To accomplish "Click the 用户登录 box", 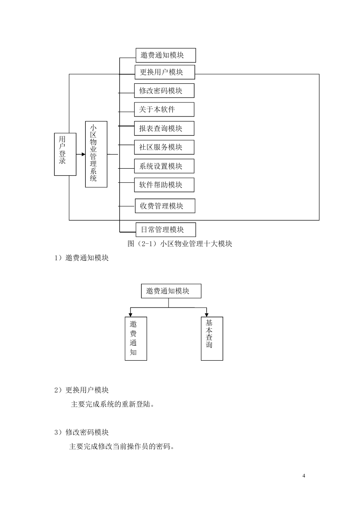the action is point(65,154).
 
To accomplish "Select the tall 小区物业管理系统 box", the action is point(96,154).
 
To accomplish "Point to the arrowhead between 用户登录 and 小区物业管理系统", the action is point(84,155).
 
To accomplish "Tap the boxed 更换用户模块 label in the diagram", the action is point(165,72).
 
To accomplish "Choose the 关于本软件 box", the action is point(164,109).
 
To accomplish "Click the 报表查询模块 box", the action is point(164,128).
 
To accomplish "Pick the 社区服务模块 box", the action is point(164,147).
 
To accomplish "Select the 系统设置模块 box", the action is point(164,166).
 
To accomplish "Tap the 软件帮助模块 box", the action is point(164,185).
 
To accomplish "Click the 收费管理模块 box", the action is point(165,206).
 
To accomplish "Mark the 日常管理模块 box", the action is point(166,230).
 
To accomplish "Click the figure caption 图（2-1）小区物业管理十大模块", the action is point(180,244).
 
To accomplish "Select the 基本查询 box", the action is point(212,339).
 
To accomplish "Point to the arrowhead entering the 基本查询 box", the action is point(206,315).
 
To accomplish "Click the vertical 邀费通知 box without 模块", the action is point(136,339).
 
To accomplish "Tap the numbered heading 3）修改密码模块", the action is point(82,432).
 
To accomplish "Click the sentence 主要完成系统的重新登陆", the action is point(113,404).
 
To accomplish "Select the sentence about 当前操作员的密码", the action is point(122,446).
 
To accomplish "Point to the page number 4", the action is point(304,476).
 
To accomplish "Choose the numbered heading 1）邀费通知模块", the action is point(82,258).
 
